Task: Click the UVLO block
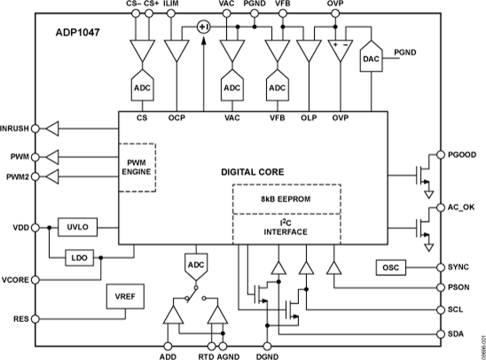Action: click(77, 228)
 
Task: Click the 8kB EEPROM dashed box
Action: click(286, 199)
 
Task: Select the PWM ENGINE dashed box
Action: click(137, 167)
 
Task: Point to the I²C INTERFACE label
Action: click(286, 228)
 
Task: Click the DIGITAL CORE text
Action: click(253, 172)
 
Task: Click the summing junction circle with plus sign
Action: click(203, 27)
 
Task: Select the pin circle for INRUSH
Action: click(35, 128)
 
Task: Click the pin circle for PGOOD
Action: click(436, 154)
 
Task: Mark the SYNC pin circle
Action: click(436, 267)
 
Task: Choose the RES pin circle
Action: click(35, 318)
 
